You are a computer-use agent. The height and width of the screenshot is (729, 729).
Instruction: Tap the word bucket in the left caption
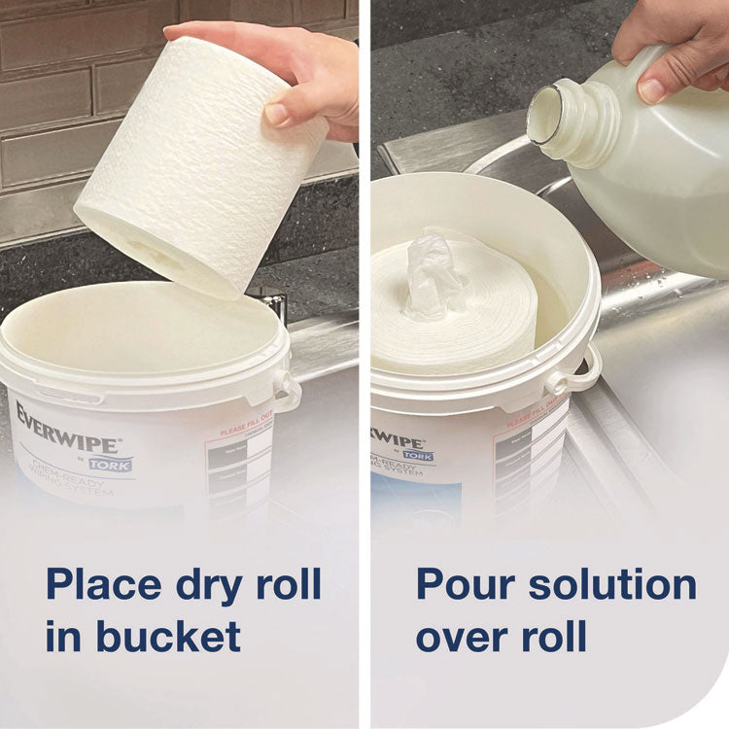click(167, 637)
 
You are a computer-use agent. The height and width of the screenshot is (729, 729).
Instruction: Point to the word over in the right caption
click(466, 637)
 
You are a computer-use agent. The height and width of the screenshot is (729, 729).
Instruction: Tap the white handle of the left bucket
click(288, 390)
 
